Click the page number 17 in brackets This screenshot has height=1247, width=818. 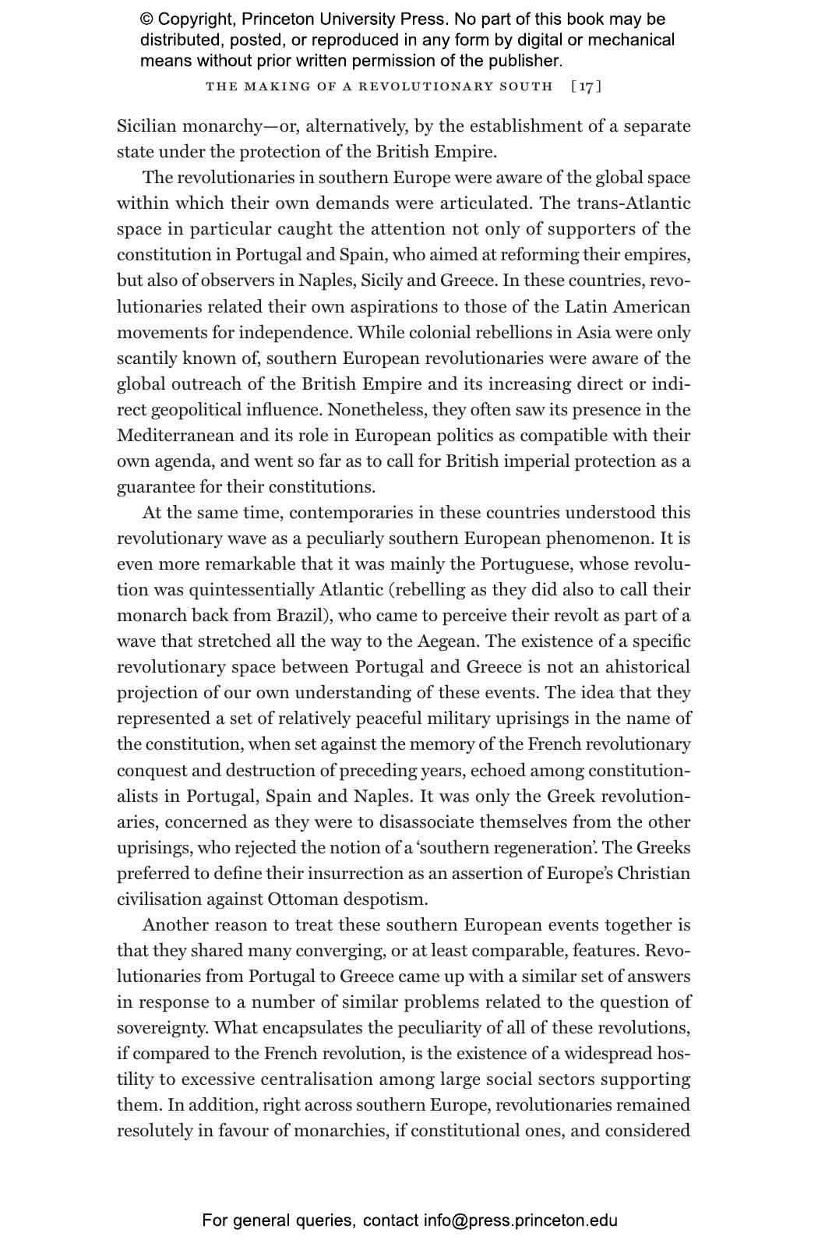click(586, 86)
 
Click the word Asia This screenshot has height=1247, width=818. click(594, 333)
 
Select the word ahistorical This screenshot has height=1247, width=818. click(647, 667)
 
